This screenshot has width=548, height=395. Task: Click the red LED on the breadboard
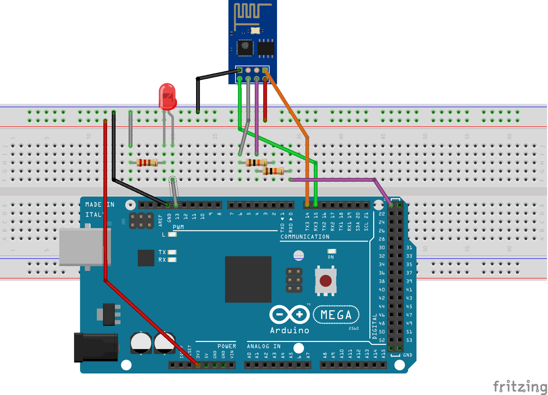click(x=167, y=96)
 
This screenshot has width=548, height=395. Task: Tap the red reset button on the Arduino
click(x=326, y=281)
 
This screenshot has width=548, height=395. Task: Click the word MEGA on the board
click(x=336, y=315)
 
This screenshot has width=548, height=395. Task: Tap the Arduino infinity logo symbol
click(x=289, y=315)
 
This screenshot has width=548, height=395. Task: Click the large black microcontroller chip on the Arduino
click(x=248, y=279)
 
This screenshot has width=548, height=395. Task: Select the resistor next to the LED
click(x=147, y=163)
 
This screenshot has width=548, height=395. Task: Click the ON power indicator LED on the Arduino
click(x=331, y=251)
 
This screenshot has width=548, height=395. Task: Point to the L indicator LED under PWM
click(x=173, y=234)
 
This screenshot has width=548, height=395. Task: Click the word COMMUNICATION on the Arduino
click(x=305, y=237)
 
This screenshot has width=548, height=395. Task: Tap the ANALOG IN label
click(x=264, y=346)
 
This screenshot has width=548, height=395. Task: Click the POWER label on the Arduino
click(x=226, y=346)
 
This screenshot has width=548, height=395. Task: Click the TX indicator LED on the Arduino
click(x=173, y=252)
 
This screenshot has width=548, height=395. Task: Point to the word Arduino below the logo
click(x=289, y=330)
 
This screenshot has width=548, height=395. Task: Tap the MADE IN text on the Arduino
click(x=100, y=205)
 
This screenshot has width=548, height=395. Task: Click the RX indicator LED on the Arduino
click(x=173, y=259)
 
